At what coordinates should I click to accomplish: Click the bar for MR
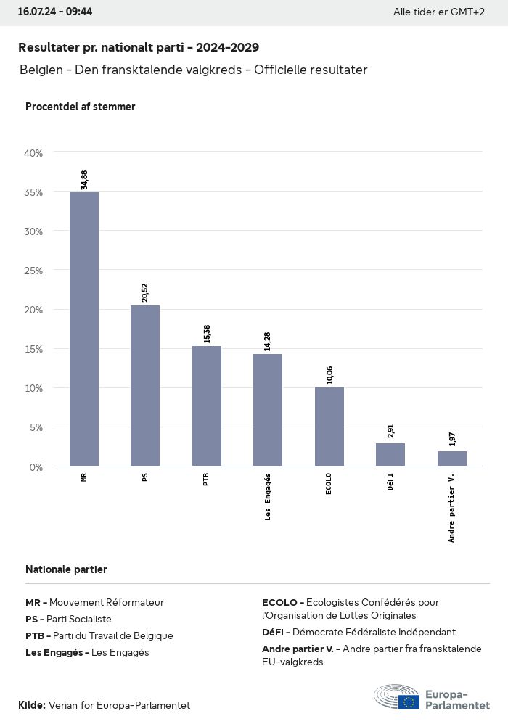(x=84, y=329)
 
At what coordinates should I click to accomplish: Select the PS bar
(x=145, y=385)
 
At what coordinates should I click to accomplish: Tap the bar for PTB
(x=207, y=406)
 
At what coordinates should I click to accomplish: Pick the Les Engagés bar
(x=268, y=410)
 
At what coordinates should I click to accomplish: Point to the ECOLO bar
(x=329, y=427)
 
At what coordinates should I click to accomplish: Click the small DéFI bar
(x=390, y=455)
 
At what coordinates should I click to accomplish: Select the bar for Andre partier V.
(x=452, y=458)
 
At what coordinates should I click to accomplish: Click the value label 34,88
(x=84, y=180)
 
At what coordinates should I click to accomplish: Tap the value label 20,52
(x=145, y=292)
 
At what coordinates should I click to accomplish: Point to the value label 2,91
(x=390, y=430)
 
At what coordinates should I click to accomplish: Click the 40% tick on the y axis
(x=34, y=153)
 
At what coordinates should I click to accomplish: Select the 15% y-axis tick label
(x=34, y=349)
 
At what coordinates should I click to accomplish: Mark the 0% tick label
(x=36, y=466)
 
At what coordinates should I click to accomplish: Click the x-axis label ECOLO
(x=329, y=484)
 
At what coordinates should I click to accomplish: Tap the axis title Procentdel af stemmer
(x=81, y=107)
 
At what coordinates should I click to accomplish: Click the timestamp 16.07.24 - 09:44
(x=54, y=12)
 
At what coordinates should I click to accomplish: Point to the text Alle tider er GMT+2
(x=439, y=12)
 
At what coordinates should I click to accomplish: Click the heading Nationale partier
(x=66, y=569)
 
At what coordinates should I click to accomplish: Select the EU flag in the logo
(x=409, y=702)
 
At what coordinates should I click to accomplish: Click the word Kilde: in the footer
(x=32, y=705)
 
